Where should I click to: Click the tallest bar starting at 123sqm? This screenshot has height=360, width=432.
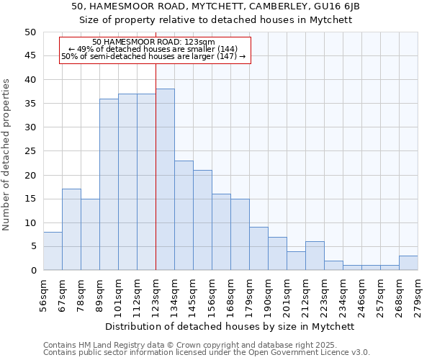pos(165,180)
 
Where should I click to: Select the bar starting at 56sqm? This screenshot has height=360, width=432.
pos(53,251)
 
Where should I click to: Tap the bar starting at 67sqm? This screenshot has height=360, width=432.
pos(71,230)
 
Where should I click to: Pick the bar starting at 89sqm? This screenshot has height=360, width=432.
pos(109,184)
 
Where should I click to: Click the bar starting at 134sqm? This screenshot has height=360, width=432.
pos(184,215)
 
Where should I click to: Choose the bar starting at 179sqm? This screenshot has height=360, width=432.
pos(258,248)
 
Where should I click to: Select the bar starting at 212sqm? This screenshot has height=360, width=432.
pos(315,256)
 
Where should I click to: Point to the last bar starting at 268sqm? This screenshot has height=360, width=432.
pos(408,263)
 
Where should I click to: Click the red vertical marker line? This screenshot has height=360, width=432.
pos(156,144)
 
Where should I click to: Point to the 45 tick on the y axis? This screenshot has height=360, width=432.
pos(30,55)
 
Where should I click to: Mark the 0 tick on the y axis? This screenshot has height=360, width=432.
pos(32,271)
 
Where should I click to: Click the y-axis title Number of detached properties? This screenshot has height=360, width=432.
pos(6,154)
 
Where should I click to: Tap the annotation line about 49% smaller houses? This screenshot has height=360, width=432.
pos(154,49)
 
